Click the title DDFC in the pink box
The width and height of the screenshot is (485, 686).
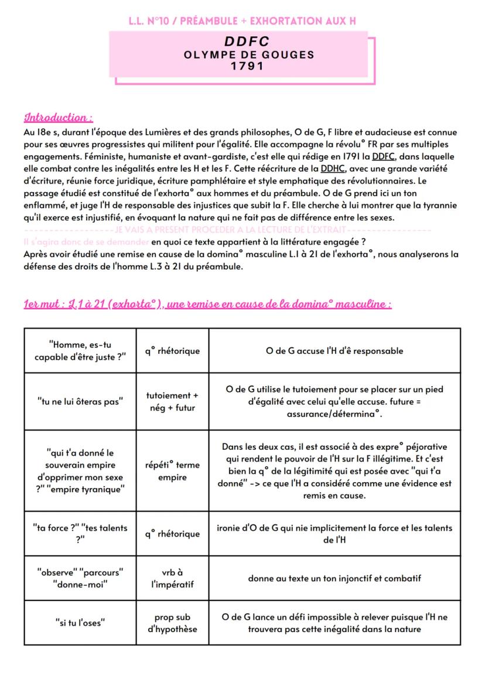[247, 42]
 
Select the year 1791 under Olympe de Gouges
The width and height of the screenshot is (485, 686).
[247, 66]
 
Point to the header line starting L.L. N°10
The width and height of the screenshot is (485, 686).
[243, 21]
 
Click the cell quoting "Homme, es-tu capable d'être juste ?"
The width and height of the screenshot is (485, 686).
[80, 351]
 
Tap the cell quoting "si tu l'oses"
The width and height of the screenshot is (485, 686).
[80, 623]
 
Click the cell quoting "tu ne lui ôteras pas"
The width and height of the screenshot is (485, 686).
[80, 401]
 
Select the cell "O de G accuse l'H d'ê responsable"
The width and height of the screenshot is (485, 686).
[334, 351]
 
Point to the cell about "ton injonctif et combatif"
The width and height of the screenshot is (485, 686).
[334, 578]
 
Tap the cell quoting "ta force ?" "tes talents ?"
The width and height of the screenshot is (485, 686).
[80, 534]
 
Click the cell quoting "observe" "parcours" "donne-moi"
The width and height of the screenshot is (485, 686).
[80, 578]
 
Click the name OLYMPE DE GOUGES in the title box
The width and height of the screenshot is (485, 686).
[248, 54]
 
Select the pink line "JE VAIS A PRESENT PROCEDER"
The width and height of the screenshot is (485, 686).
[232, 229]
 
